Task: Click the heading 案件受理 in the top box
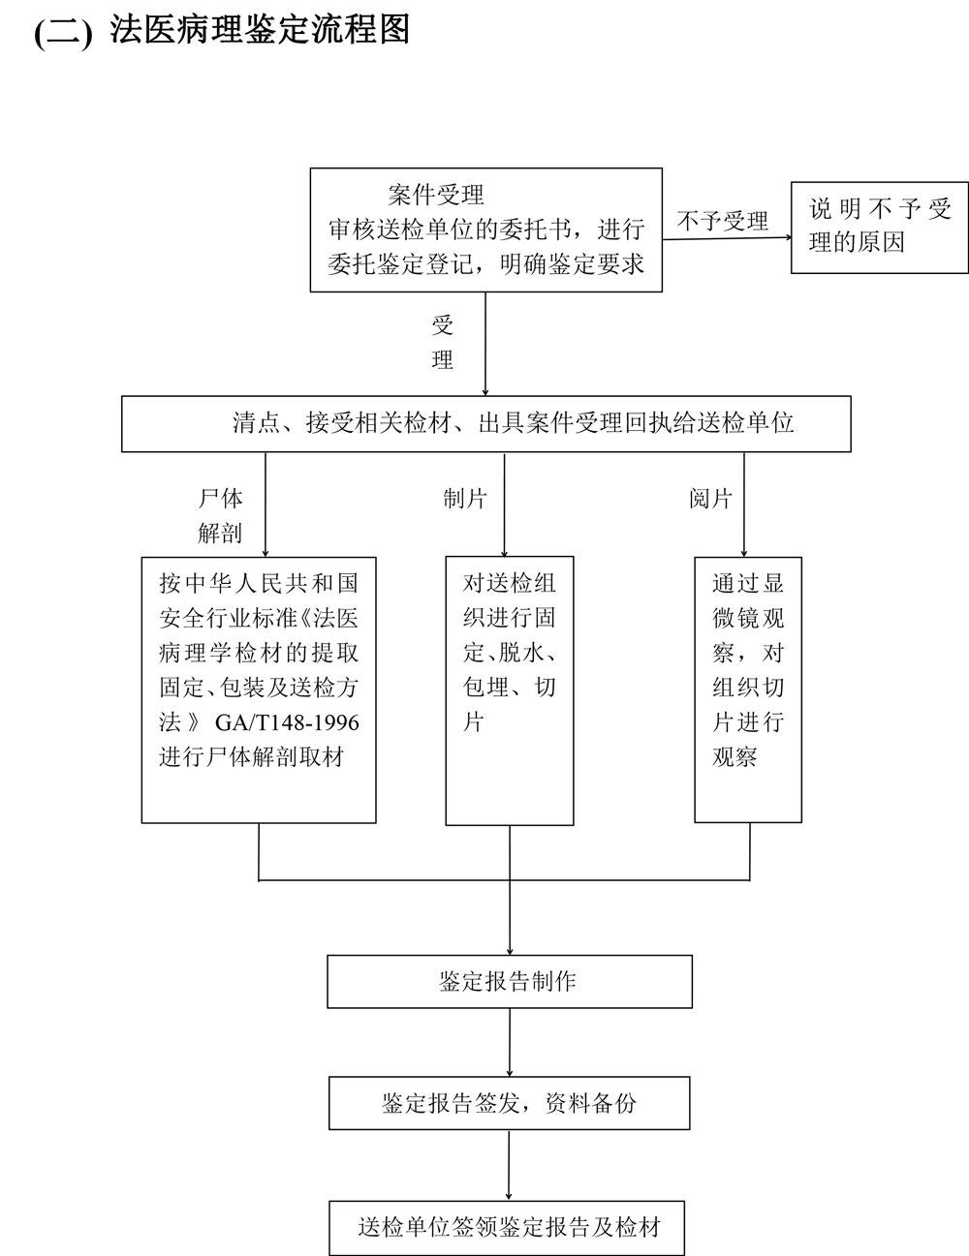(x=436, y=195)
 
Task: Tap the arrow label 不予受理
(x=722, y=221)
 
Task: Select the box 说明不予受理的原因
(x=880, y=228)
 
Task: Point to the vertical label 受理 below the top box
(x=443, y=343)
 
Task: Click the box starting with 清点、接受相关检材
(x=485, y=423)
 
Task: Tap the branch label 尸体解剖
(x=220, y=515)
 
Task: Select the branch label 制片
(x=465, y=499)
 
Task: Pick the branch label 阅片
(x=710, y=499)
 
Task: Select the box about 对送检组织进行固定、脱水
(x=510, y=689)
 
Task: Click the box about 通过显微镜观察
(x=748, y=689)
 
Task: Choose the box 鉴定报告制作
(x=510, y=981)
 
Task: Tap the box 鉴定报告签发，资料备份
(x=510, y=1103)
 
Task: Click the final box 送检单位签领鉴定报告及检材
(x=508, y=1228)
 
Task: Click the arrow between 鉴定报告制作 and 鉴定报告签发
(x=510, y=1042)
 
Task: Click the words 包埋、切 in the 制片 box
(x=510, y=688)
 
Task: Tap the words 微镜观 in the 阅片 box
(x=748, y=618)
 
